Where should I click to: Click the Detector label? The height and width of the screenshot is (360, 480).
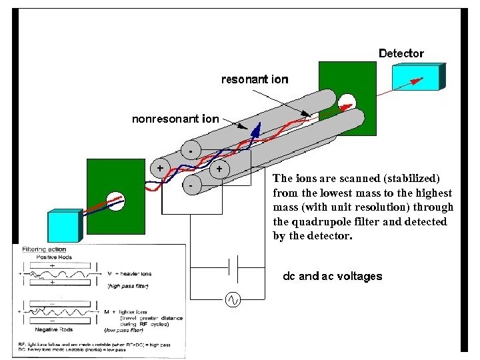(401, 53)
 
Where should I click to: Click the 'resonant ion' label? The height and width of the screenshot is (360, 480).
(255, 80)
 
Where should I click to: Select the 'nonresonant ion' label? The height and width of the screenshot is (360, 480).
(175, 120)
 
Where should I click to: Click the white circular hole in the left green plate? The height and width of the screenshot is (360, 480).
(116, 200)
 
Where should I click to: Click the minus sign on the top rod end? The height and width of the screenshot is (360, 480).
(191, 151)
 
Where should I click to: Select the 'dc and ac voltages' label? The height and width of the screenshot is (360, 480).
(332, 276)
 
